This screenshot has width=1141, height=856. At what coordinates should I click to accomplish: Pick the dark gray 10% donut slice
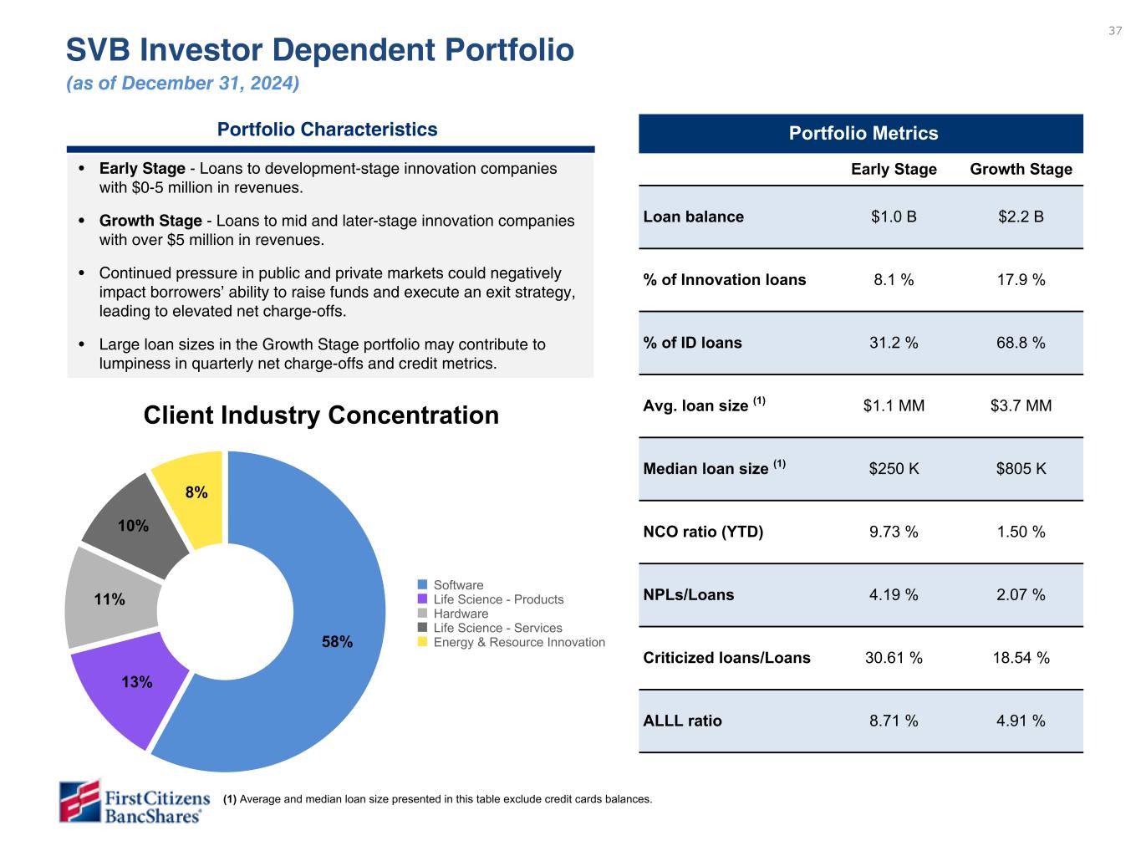pos(133,526)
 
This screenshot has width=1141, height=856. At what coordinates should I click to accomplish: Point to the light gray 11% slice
pos(110,599)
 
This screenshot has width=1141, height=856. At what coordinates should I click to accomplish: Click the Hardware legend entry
pos(461,614)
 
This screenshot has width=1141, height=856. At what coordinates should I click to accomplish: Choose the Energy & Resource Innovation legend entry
pos(518,642)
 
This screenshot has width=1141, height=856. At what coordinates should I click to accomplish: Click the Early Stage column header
pos(894,169)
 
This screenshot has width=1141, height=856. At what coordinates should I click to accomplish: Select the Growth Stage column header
pos(1021,169)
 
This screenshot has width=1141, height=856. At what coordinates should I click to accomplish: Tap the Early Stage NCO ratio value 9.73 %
pos(894,532)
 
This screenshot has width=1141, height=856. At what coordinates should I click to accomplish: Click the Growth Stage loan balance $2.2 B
pos(1021,217)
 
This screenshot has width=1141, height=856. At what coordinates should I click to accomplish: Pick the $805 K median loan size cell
pos(1021,469)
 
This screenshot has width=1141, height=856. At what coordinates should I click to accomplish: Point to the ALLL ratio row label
pos(682,721)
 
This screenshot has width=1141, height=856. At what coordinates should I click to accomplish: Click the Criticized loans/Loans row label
pos(726,658)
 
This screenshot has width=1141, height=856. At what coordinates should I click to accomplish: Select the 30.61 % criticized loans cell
pos(894,658)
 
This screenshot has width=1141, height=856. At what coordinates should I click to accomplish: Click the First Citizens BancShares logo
pos(135,801)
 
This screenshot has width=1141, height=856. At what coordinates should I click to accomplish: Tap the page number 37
pos(1115,31)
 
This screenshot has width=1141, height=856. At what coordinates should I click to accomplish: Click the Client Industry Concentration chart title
pos(321,415)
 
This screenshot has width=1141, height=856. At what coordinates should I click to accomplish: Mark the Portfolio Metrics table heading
pos(863,134)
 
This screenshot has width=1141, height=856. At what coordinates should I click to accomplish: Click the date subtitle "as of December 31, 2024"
pos(182,84)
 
